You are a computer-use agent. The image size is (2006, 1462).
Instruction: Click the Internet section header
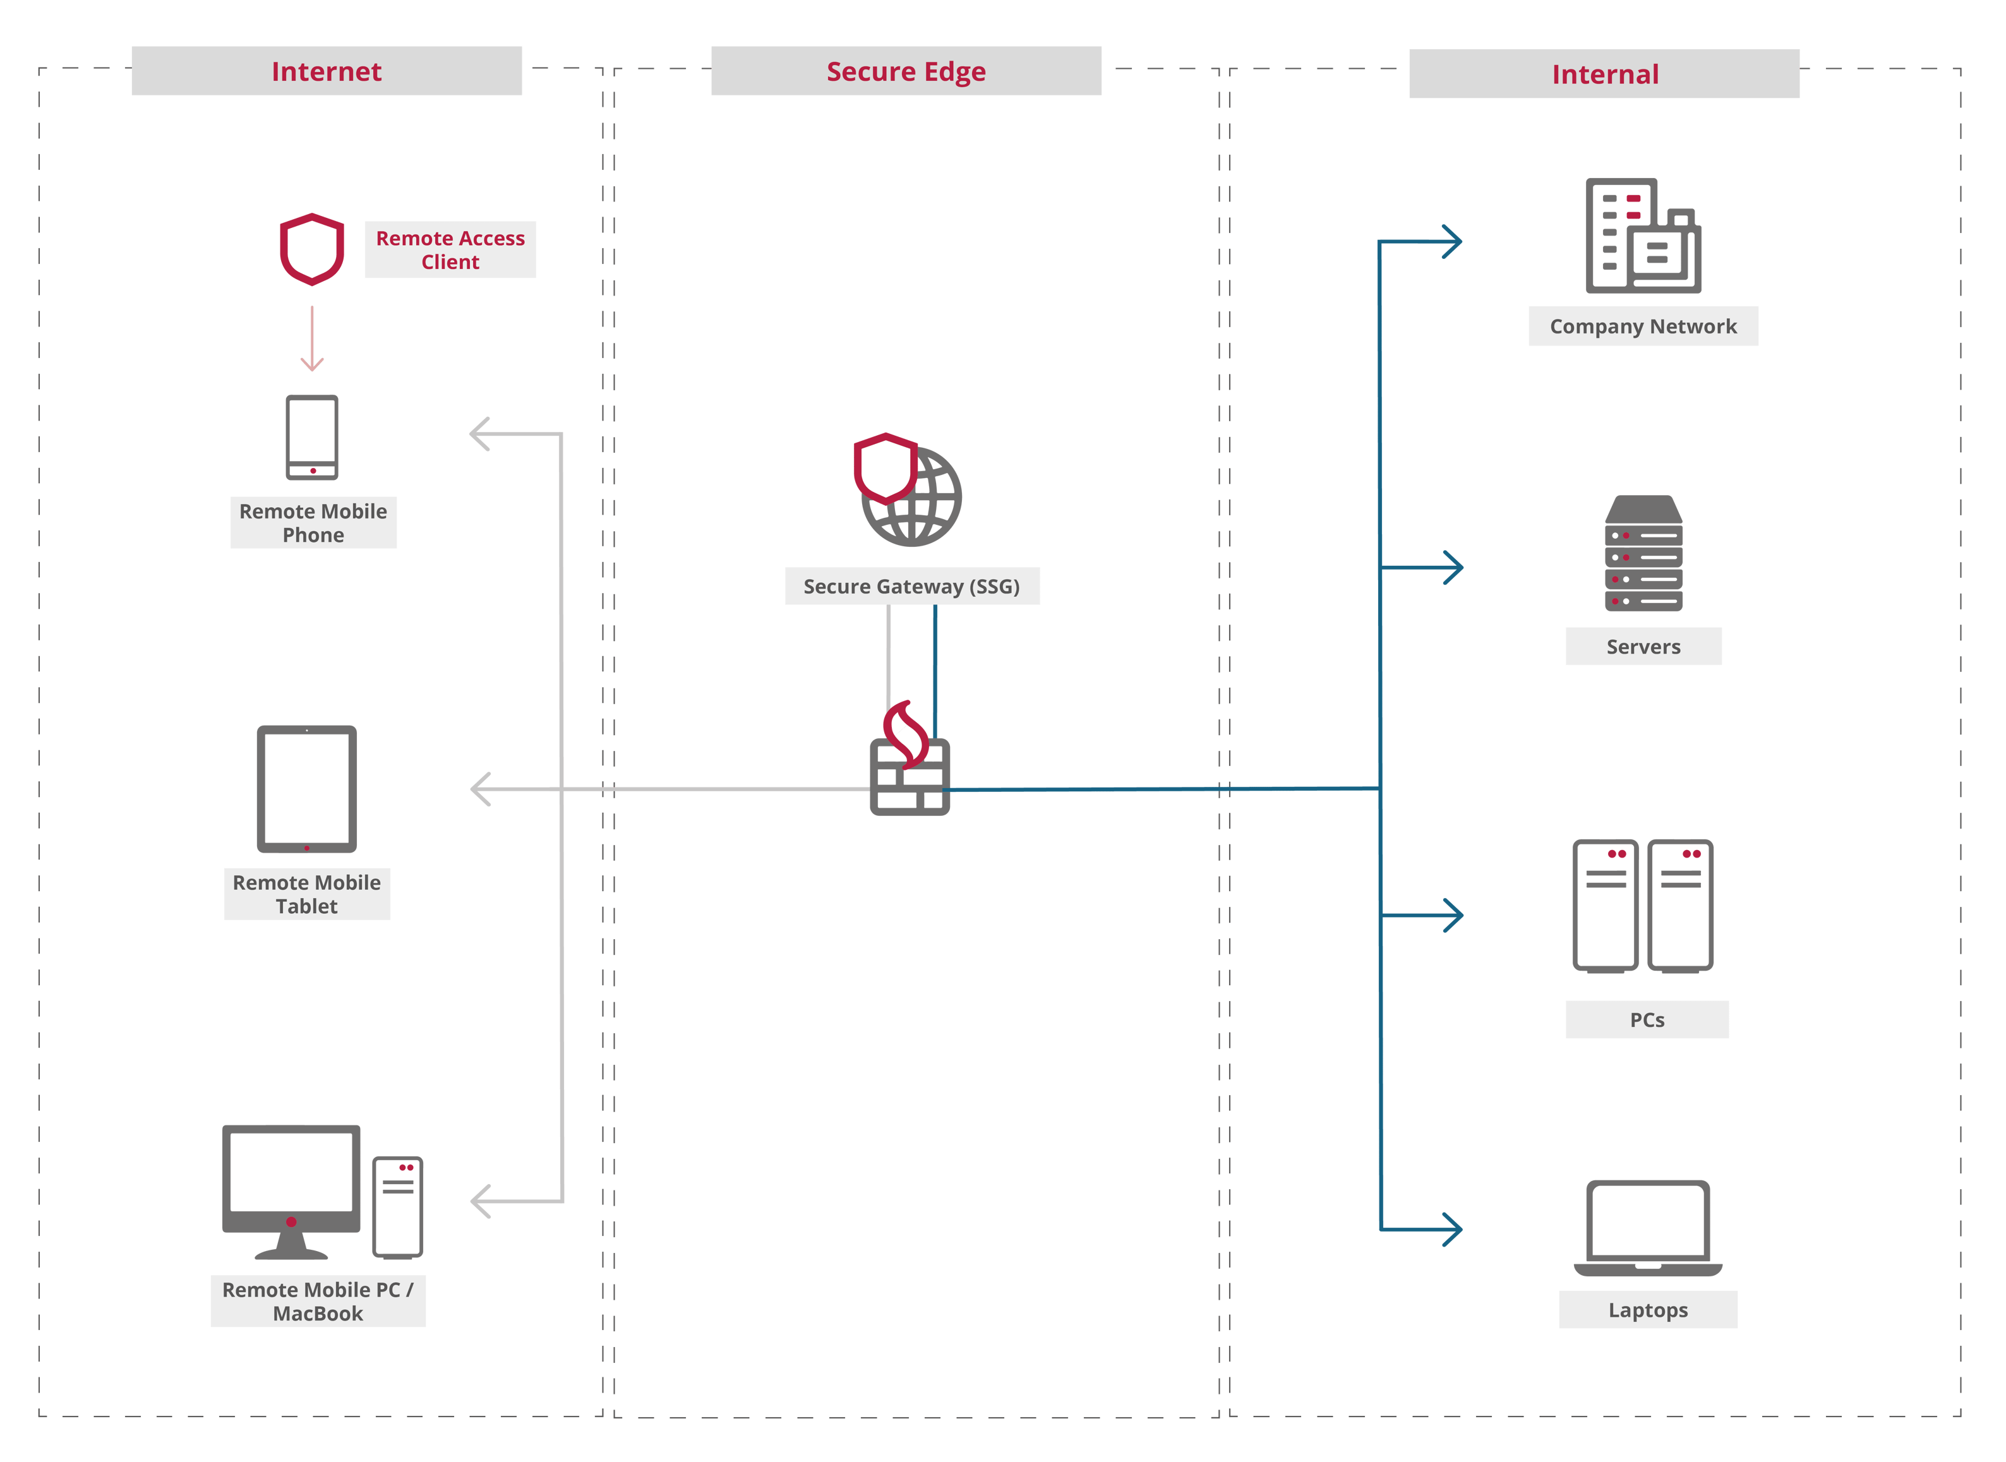(x=326, y=71)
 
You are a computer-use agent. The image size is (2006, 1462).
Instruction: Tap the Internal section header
(x=1604, y=73)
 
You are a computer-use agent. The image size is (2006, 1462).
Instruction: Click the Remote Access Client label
(x=450, y=249)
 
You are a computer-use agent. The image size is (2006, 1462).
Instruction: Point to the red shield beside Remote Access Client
(x=311, y=249)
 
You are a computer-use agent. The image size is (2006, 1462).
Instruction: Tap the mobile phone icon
(x=311, y=437)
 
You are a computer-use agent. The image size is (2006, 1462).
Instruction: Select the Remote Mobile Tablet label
(x=306, y=894)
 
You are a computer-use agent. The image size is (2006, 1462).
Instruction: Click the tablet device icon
(x=306, y=789)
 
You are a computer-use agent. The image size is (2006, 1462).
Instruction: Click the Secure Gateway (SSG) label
(x=911, y=586)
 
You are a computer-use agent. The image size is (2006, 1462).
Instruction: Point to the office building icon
(x=1642, y=236)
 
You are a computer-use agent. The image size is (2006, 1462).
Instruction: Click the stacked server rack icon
(x=1643, y=553)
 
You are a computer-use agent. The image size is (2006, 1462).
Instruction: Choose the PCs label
(x=1646, y=1019)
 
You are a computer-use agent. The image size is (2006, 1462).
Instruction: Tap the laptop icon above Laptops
(x=1647, y=1226)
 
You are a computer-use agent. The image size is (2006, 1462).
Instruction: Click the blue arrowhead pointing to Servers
(x=1451, y=567)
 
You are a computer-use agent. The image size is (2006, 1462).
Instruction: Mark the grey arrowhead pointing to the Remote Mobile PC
(x=481, y=1201)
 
